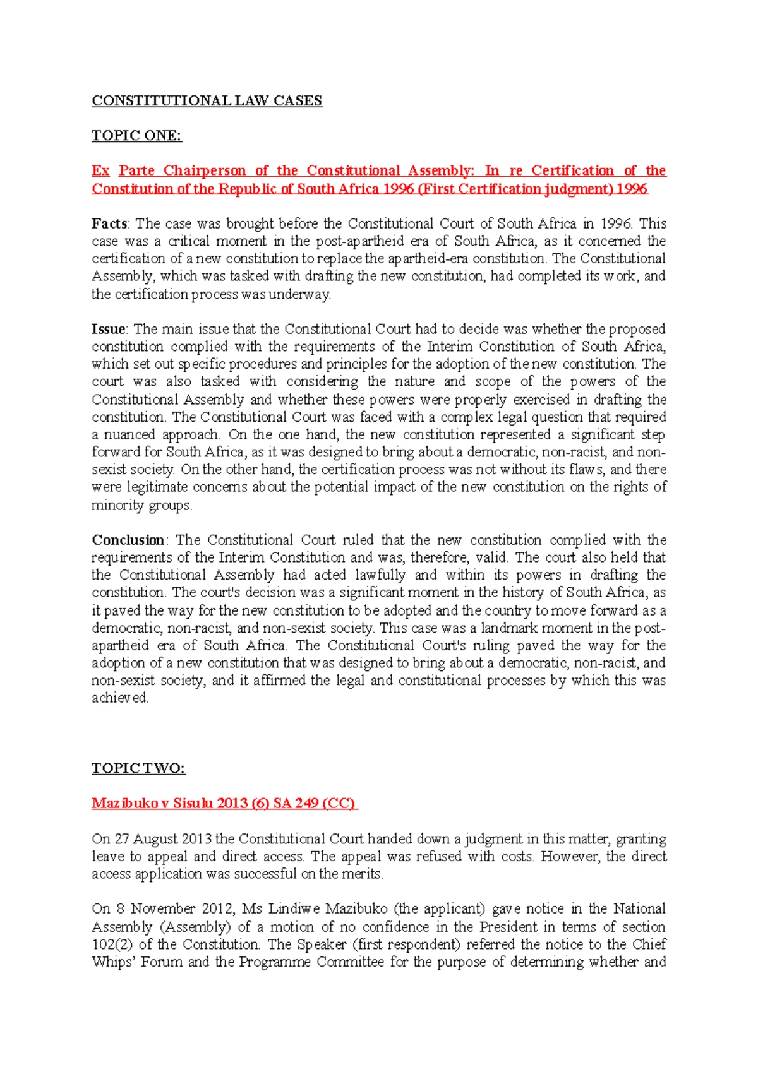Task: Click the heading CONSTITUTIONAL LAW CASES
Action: pyautogui.click(x=207, y=101)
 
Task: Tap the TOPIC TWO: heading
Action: pyautogui.click(x=138, y=768)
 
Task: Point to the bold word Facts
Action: pyautogui.click(x=109, y=223)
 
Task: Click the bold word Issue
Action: pyautogui.click(x=109, y=329)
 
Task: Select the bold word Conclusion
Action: pyautogui.click(x=128, y=540)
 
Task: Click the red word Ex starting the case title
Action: pyautogui.click(x=100, y=170)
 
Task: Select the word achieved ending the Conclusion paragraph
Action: pyautogui.click(x=119, y=698)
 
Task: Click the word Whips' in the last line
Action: pyautogui.click(x=114, y=962)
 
